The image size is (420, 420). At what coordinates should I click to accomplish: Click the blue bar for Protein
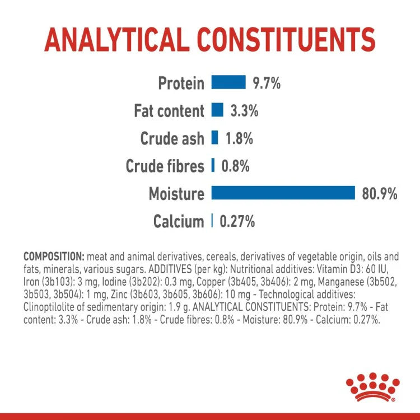pyautogui.click(x=228, y=82)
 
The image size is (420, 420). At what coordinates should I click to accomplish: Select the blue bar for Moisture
pyautogui.click(x=283, y=193)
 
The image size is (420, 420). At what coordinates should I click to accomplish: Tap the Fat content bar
pyautogui.click(x=217, y=110)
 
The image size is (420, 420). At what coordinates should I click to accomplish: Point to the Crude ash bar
pyautogui.click(x=214, y=138)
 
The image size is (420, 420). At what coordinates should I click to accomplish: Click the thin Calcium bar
pyautogui.click(x=212, y=221)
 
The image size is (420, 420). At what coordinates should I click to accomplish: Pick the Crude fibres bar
pyautogui.click(x=213, y=165)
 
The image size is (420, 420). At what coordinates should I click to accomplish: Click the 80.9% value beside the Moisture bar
pyautogui.click(x=379, y=194)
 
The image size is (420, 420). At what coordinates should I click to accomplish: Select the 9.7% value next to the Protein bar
pyautogui.click(x=266, y=83)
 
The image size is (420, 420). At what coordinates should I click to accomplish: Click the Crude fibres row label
pyautogui.click(x=165, y=166)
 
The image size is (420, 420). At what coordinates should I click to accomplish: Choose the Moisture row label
pyautogui.click(x=176, y=194)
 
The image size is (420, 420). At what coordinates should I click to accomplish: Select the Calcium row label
pyautogui.click(x=179, y=222)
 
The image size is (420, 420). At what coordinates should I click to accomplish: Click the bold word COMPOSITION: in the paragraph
pyautogui.click(x=54, y=257)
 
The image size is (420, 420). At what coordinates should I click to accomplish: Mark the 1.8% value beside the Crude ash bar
pyautogui.click(x=239, y=138)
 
